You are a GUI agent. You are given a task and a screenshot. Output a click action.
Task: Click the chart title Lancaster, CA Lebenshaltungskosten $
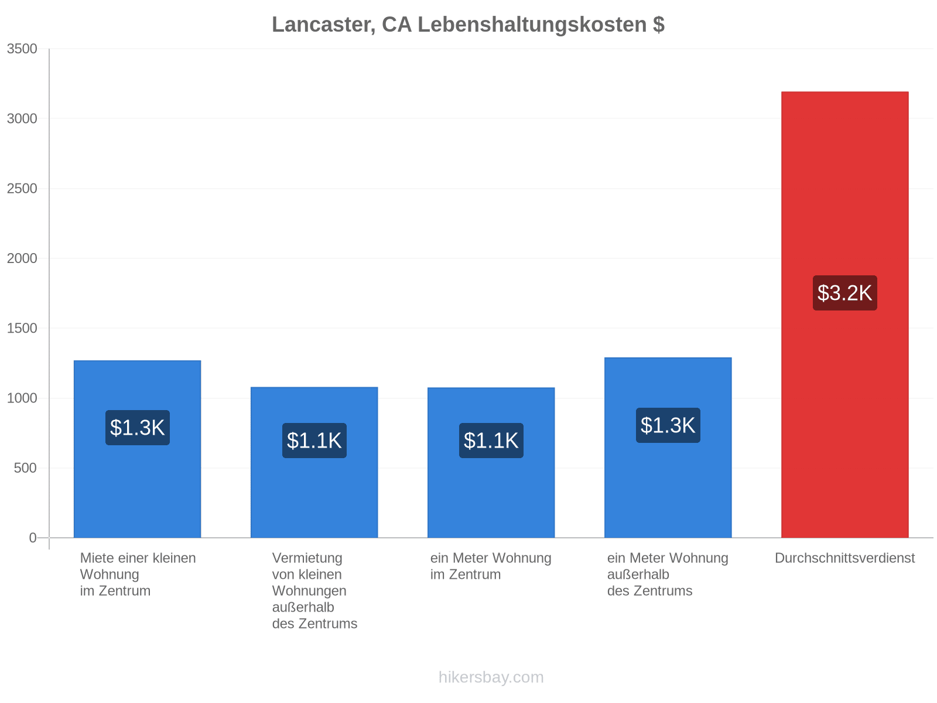(468, 25)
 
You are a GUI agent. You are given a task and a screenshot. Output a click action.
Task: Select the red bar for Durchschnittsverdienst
(844, 314)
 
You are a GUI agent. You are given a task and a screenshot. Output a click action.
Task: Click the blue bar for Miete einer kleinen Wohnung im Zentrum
(137, 449)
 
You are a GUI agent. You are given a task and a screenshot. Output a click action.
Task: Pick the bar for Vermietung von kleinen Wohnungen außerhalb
(314, 462)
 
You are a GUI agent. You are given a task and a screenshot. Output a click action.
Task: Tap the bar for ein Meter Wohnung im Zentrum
(491, 462)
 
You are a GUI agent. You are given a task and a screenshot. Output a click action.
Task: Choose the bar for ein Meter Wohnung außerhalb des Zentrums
(668, 448)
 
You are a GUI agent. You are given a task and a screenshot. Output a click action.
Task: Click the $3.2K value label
(844, 293)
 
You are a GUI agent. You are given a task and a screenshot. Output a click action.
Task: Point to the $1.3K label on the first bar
(137, 427)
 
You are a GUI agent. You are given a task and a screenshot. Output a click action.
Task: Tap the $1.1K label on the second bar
(314, 440)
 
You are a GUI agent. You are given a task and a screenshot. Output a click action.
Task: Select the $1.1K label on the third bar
(491, 440)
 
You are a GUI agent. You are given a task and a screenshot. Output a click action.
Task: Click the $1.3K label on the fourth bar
(668, 425)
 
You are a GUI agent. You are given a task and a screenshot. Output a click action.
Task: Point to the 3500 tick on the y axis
(22, 49)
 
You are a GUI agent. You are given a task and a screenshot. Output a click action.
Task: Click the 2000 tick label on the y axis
(22, 258)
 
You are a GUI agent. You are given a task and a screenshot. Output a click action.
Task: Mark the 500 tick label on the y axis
(25, 468)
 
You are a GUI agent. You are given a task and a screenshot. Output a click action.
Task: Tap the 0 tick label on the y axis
(33, 537)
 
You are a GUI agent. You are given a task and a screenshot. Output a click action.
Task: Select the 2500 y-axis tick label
(22, 188)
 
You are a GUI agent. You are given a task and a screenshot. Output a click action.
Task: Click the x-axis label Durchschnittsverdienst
(844, 558)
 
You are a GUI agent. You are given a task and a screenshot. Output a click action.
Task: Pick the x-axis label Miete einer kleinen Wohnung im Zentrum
(138, 574)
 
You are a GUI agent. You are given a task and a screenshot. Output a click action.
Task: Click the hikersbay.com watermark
(491, 677)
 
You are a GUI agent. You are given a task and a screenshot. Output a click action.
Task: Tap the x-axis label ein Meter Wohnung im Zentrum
(491, 566)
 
